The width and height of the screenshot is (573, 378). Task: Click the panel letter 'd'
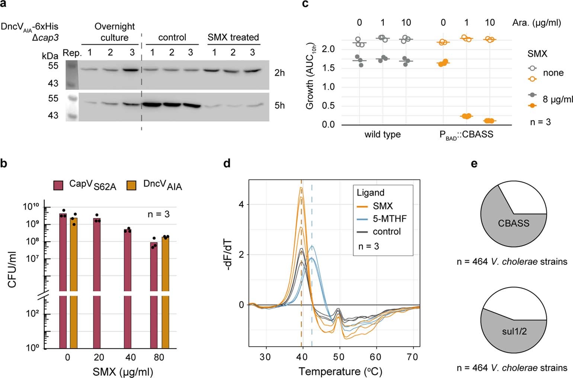tap(227, 163)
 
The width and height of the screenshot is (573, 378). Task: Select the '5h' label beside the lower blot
tap(279, 106)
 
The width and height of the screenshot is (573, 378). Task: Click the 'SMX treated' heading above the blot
tap(233, 37)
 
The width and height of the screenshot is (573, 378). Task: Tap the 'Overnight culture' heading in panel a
tap(114, 32)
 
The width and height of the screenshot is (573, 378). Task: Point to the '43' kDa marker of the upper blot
tap(53, 83)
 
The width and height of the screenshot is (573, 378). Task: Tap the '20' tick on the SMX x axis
tap(99, 358)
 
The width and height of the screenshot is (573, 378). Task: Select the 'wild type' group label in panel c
tap(382, 134)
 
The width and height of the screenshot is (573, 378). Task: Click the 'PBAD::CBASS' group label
tap(466, 135)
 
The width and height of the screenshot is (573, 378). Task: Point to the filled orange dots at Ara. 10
tap(490, 121)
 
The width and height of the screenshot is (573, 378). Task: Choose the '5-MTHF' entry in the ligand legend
tap(390, 219)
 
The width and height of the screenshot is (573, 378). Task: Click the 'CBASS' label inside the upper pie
tap(513, 223)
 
